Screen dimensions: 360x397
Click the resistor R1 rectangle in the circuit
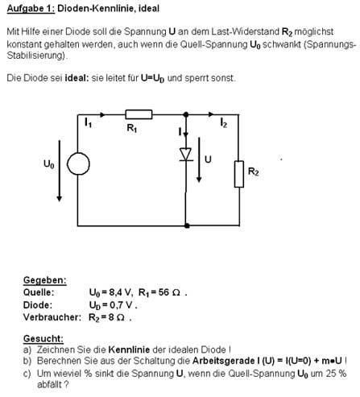pos(139,114)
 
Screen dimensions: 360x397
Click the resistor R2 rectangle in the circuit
pos(239,174)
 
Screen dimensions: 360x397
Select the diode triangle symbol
pos(186,155)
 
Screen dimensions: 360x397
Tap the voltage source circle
pos(78,163)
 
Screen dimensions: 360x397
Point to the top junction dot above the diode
pos(186,114)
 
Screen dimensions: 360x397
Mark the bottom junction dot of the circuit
pos(187,225)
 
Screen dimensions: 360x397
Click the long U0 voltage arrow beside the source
pos(60,171)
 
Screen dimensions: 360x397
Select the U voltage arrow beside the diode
pos(199,160)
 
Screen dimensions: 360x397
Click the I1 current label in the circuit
pos(88,122)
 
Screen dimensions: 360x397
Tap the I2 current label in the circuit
pos(224,122)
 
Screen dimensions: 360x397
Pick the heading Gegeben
pos(45,280)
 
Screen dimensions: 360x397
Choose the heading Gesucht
pos(43,338)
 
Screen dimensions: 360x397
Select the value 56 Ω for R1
pos(169,292)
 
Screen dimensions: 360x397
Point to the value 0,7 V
pos(121,305)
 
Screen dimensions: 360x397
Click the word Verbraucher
pos(52,317)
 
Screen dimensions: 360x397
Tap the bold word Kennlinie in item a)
pos(129,349)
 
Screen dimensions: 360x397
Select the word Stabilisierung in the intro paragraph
pos(36,56)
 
